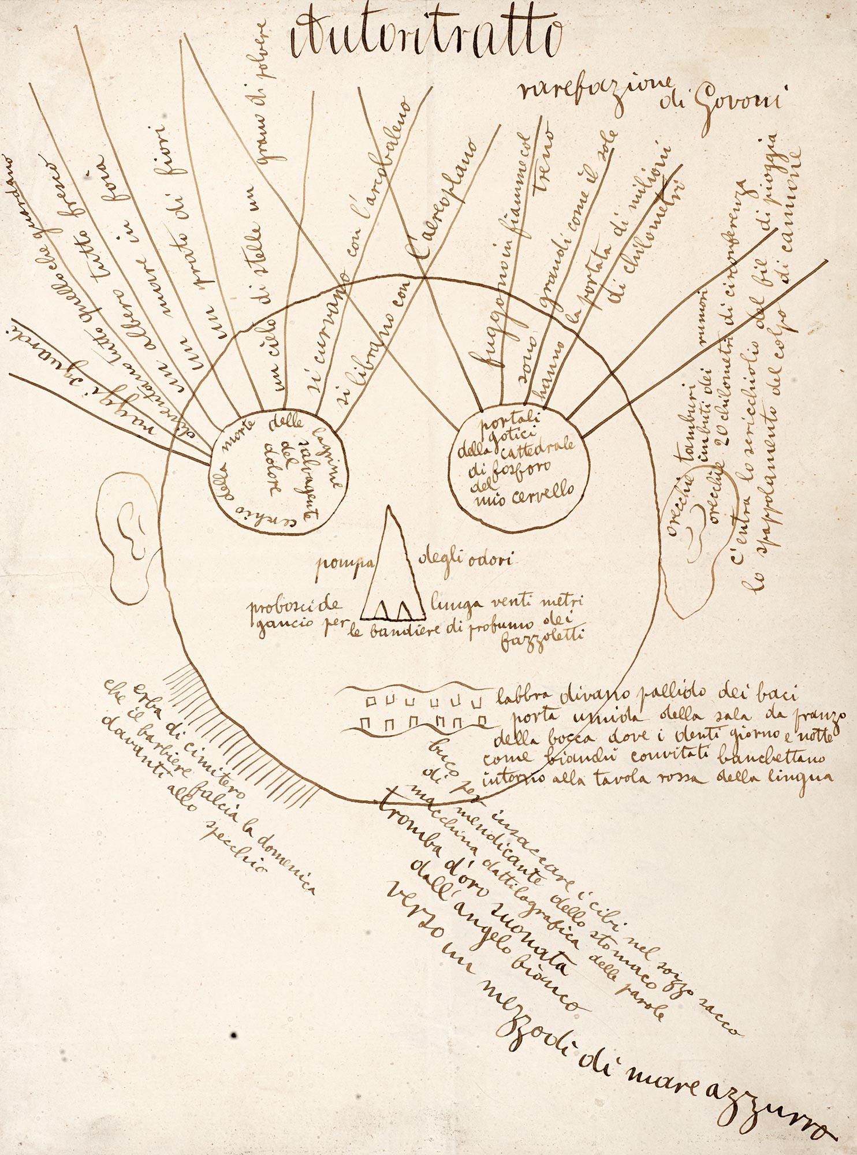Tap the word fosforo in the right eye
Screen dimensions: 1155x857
516,462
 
